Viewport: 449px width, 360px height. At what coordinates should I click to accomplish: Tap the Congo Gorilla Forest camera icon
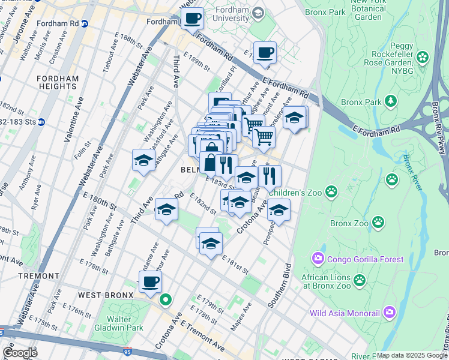[x=317, y=259]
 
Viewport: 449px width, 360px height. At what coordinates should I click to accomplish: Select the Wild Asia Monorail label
[x=345, y=313]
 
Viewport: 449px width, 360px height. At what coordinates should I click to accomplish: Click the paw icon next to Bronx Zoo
[x=378, y=223]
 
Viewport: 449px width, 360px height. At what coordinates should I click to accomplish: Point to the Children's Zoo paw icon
[x=331, y=191]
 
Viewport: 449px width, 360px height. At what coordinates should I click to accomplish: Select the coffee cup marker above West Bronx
[x=150, y=281]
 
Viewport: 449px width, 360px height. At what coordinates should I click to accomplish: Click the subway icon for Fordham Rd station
[x=85, y=24]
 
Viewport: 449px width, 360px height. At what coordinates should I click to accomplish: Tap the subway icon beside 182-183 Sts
[x=41, y=122]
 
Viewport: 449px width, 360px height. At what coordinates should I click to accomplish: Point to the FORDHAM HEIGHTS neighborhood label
[x=56, y=82]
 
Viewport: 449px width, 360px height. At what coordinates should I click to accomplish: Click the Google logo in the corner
[x=20, y=352]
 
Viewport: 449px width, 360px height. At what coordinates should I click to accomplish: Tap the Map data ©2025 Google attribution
[x=411, y=355]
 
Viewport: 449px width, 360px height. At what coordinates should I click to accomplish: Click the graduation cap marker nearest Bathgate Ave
[x=143, y=160]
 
